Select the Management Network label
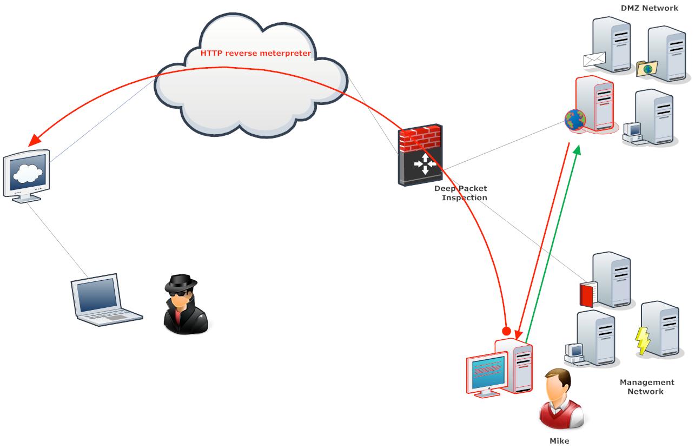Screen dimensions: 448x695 (x=646, y=386)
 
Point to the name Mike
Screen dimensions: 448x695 (x=559, y=441)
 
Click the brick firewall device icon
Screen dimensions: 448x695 (x=420, y=155)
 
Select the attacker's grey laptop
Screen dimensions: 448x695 (x=105, y=301)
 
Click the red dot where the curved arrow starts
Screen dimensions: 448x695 (x=506, y=330)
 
